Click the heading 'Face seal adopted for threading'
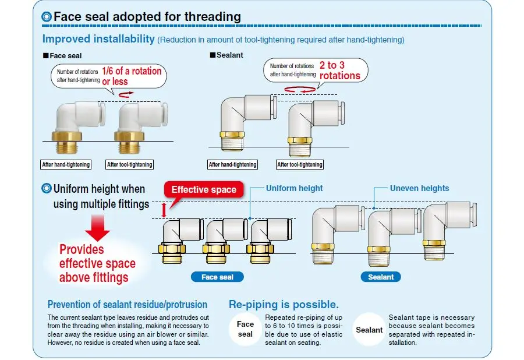pyautogui.click(x=147, y=16)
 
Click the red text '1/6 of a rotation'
pyautogui.click(x=132, y=70)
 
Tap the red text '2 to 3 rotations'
pyautogui.click(x=340, y=70)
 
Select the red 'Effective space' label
pyautogui.click(x=204, y=189)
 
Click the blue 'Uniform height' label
pyautogui.click(x=294, y=188)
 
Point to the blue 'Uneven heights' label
pyautogui.click(x=419, y=188)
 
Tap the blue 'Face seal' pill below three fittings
pyautogui.click(x=217, y=277)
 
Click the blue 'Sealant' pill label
pyautogui.click(x=381, y=277)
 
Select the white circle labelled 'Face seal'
pyautogui.click(x=245, y=329)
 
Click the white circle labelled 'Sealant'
pyautogui.click(x=369, y=330)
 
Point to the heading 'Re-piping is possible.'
pyautogui.click(x=284, y=304)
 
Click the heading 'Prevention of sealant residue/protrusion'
pyautogui.click(x=128, y=304)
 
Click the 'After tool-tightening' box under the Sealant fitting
pyautogui.click(x=299, y=165)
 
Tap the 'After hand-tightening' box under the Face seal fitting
pyautogui.click(x=66, y=165)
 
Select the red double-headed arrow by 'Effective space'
pyautogui.click(x=164, y=210)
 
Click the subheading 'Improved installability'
pyautogui.click(x=98, y=39)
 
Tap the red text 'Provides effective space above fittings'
pyautogui.click(x=97, y=263)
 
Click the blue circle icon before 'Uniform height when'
pyautogui.click(x=47, y=189)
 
